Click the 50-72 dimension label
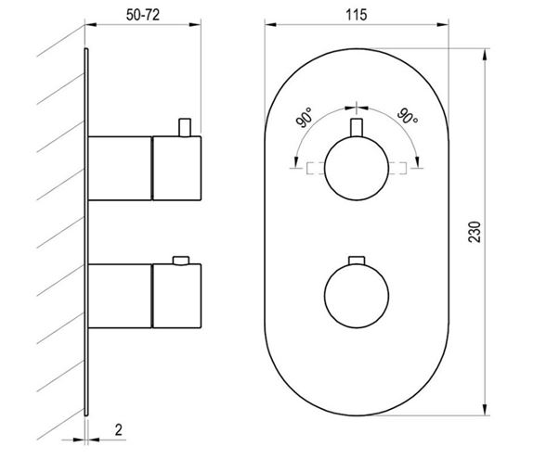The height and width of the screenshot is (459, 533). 143,15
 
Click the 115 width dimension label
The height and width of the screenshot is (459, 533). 357,15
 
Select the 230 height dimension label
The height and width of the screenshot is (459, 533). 474,232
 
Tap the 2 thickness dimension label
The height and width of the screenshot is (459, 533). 118,430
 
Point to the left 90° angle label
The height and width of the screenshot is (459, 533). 305,118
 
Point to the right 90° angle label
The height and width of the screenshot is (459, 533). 408,117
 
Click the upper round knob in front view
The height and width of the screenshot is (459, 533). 357,169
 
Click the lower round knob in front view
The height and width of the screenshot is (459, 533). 357,296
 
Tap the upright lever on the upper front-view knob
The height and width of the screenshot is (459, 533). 357,128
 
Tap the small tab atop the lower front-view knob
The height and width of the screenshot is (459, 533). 357,261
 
